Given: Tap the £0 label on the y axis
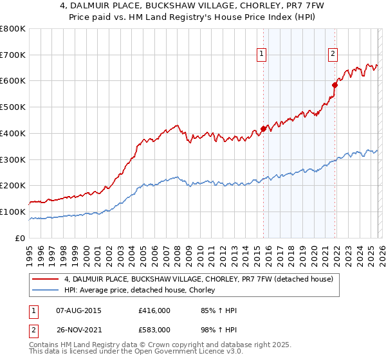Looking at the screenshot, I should (x=21, y=238).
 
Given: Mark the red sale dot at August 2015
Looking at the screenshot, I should (x=263, y=129).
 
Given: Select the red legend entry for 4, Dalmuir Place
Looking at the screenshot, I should (x=198, y=279).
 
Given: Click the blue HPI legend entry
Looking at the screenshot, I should (x=139, y=291).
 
